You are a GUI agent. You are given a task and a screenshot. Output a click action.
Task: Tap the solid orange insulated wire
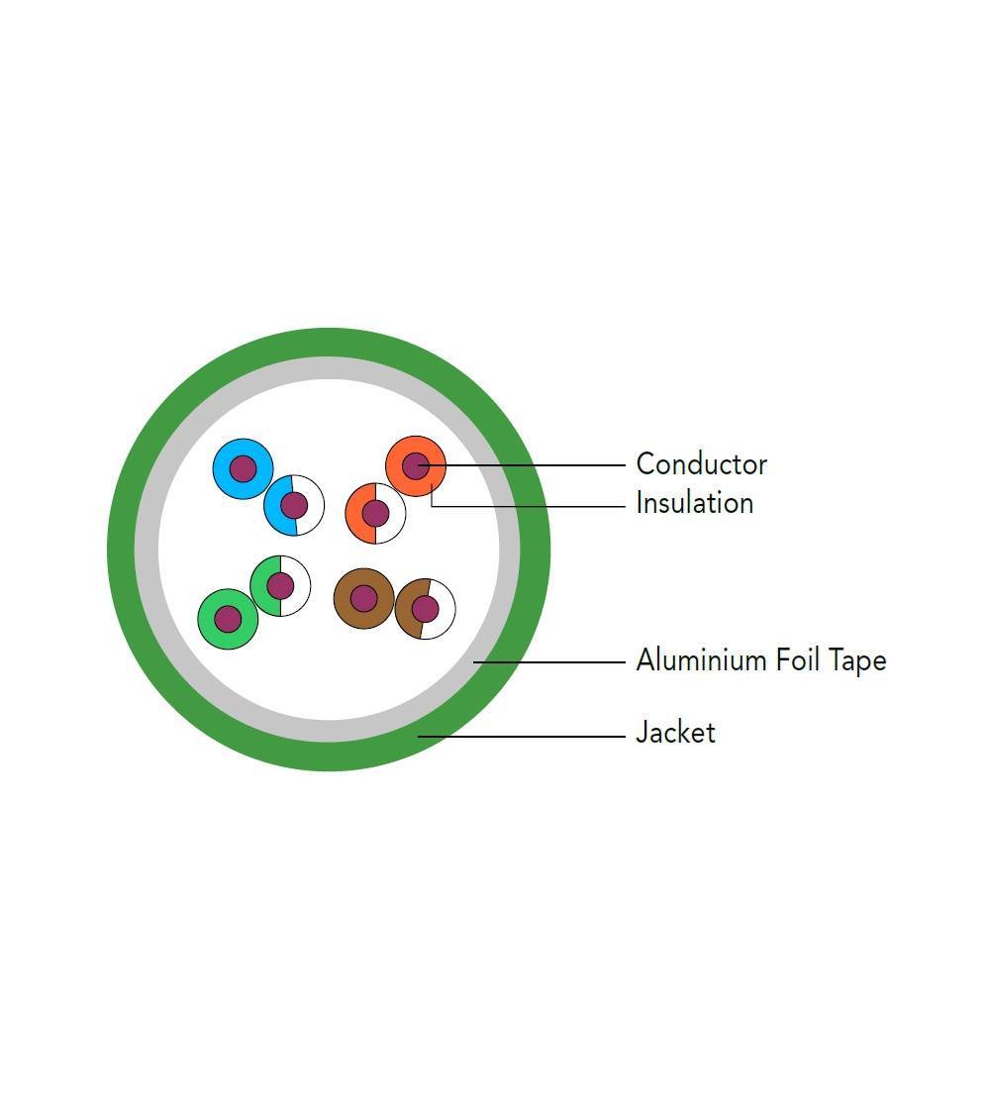(x=399, y=477)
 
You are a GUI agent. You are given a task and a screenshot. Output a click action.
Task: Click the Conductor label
(x=701, y=463)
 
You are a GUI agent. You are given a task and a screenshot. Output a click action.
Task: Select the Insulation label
(x=694, y=503)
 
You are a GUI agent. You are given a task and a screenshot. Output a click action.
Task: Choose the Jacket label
(x=675, y=733)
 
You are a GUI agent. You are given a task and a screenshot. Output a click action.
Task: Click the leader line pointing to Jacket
(x=525, y=736)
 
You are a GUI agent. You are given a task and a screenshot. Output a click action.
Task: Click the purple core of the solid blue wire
(x=243, y=468)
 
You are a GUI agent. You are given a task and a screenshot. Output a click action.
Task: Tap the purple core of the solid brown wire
(x=363, y=598)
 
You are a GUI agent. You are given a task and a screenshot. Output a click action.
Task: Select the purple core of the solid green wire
(x=228, y=619)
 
